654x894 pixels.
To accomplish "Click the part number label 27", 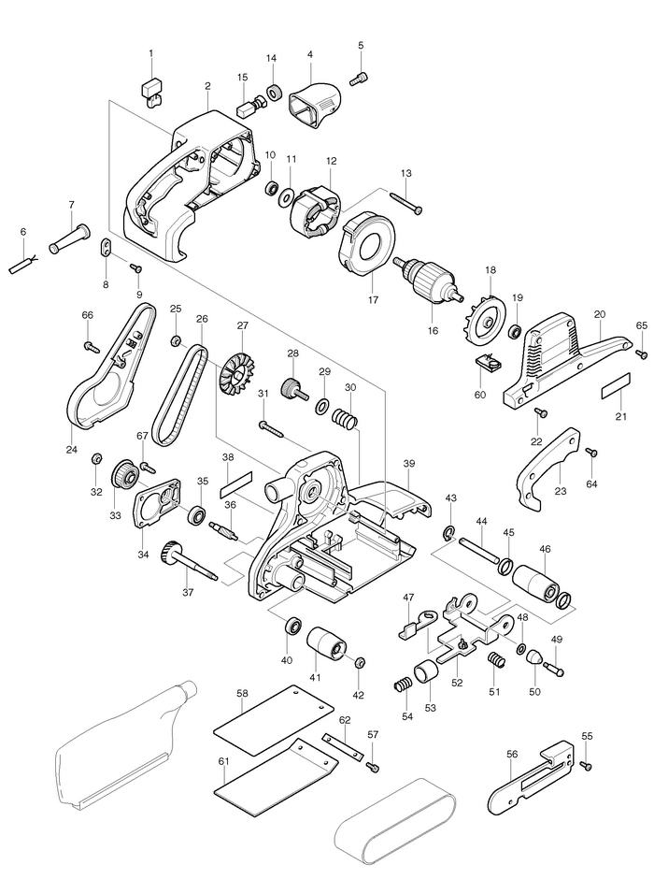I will (242, 326).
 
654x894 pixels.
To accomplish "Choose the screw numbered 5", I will (360, 78).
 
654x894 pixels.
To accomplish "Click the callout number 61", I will (223, 762).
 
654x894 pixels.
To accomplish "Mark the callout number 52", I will (457, 683).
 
